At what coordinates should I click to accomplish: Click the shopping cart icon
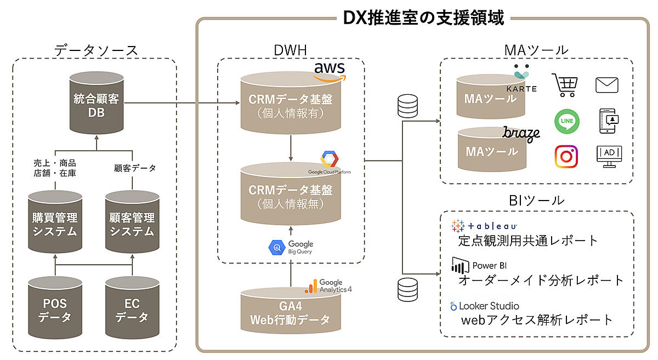point(565,85)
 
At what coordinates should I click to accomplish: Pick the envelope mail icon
point(607,85)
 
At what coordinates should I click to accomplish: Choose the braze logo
point(521,134)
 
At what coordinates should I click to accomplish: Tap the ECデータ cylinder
point(132,308)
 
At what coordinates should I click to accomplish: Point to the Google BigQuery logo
point(291,248)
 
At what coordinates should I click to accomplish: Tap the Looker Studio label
point(485,306)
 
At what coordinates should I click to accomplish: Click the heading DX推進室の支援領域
point(423,18)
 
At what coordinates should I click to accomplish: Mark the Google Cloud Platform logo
point(330,163)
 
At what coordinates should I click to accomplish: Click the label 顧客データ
point(135,168)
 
